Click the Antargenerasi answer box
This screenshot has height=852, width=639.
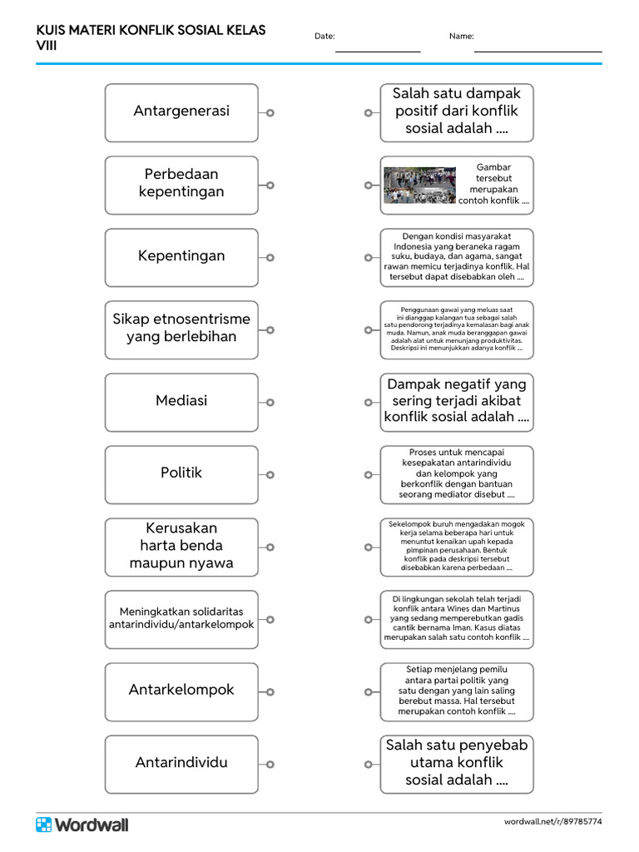(181, 111)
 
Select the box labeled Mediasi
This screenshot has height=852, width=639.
(181, 401)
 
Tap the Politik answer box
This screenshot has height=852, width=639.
(181, 473)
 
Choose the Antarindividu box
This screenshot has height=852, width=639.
(181, 763)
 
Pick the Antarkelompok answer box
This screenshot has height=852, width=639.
(181, 691)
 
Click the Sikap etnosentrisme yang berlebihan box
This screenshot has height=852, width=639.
(181, 329)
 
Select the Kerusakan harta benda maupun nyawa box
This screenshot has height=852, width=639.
(181, 546)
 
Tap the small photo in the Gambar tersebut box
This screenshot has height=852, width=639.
(419, 185)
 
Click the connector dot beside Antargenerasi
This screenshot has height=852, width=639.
(270, 112)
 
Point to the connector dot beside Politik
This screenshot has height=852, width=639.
(270, 475)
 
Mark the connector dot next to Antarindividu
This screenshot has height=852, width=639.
(270, 765)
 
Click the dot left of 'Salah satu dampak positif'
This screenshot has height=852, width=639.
(368, 112)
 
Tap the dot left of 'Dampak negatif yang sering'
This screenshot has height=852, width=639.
(368, 403)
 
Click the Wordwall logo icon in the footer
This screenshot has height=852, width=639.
(43, 825)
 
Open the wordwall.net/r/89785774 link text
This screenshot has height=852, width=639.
(552, 822)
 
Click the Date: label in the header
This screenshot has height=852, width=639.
(324, 37)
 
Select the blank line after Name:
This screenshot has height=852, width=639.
(537, 50)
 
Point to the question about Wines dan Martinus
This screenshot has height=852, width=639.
(457, 618)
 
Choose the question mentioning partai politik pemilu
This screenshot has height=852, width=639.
(457, 691)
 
